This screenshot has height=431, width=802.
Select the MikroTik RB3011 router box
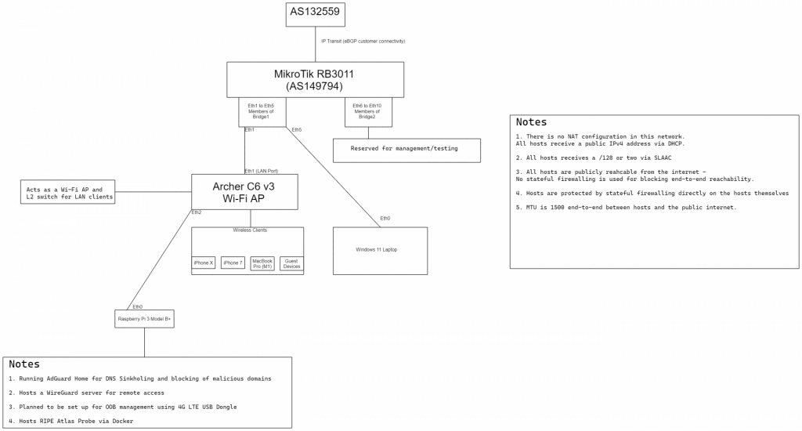(315, 80)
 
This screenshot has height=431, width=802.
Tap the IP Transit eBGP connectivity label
(363, 41)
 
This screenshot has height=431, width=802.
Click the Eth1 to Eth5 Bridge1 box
(262, 112)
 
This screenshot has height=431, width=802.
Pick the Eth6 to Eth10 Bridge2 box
(367, 112)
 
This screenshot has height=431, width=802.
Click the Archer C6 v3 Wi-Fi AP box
(244, 192)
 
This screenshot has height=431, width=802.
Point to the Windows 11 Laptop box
(380, 250)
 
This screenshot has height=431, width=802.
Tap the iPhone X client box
(204, 263)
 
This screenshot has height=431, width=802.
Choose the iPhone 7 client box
(233, 263)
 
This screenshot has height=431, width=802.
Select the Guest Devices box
(291, 263)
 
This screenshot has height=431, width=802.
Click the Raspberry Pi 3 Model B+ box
(144, 319)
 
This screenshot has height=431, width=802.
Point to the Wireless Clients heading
(250, 230)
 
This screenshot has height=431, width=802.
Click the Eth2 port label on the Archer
(196, 212)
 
